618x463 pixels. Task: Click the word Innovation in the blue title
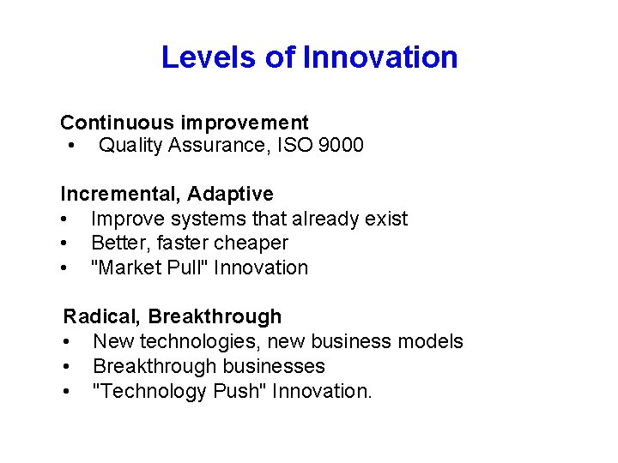pos(380,57)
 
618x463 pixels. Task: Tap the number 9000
pos(341,145)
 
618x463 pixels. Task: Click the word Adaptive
pos(231,195)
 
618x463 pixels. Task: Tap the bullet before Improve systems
pos(64,219)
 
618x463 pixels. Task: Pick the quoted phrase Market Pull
pos(149,268)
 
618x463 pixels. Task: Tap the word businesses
pos(273,366)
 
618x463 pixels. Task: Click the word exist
pos(386,219)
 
